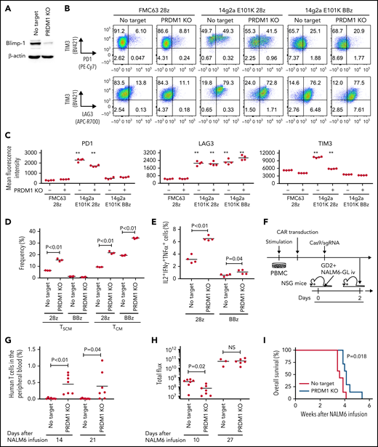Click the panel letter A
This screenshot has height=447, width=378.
pyautogui.click(x=4, y=5)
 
